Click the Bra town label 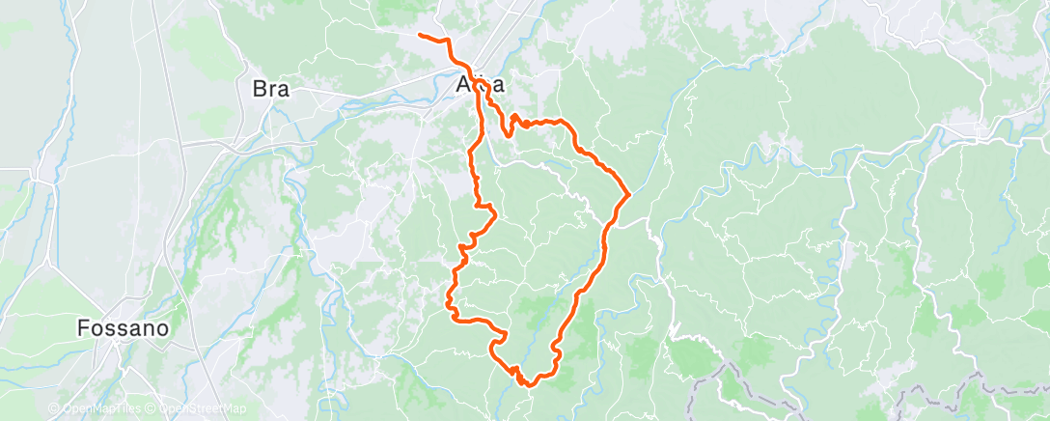coord(271,89)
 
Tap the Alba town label coord(481,87)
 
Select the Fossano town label coord(124,328)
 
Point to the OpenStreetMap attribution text coord(198,408)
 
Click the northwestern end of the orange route coord(420,36)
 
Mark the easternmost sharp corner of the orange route coord(629,193)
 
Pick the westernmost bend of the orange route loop coord(447,308)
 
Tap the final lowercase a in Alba coord(498,87)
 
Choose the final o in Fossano coord(163,328)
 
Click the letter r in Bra coord(272,89)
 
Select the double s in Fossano coord(114,328)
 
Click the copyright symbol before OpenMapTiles coord(54,408)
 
